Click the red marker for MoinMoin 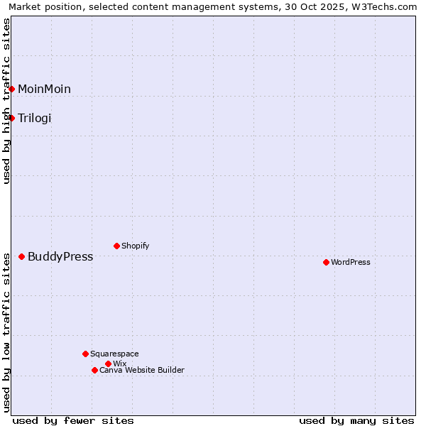pyautogui.click(x=12, y=89)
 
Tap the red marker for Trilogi pyautogui.click(x=12, y=118)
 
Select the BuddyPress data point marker pyautogui.click(x=22, y=256)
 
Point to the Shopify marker pyautogui.click(x=116, y=246)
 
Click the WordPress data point pyautogui.click(x=326, y=262)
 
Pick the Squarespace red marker pyautogui.click(x=85, y=354)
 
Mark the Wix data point pyautogui.click(x=108, y=364)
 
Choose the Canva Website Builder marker pyautogui.click(x=94, y=370)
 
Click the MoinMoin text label pyautogui.click(x=44, y=89)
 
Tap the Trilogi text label pyautogui.click(x=35, y=118)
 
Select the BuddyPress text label pyautogui.click(x=60, y=256)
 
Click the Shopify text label pyautogui.click(x=135, y=246)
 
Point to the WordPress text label pyautogui.click(x=351, y=262)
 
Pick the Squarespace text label pyautogui.click(x=114, y=354)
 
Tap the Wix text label pyautogui.click(x=119, y=364)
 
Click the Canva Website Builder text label pyautogui.click(x=142, y=370)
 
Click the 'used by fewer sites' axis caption pyautogui.click(x=73, y=420)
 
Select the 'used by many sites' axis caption pyautogui.click(x=356, y=420)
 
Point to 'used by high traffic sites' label pyautogui.click(x=6, y=101)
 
